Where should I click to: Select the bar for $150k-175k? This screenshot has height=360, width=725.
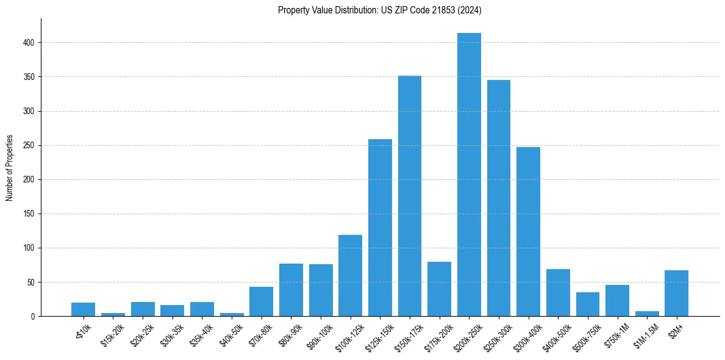pyautogui.click(x=410, y=196)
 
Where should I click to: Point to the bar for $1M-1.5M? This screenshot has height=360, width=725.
pyautogui.click(x=647, y=314)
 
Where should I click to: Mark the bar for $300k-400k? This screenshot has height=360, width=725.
pyautogui.click(x=528, y=231)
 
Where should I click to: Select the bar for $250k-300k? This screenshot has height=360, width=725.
pyautogui.click(x=499, y=198)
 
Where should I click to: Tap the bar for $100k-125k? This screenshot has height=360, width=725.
pyautogui.click(x=350, y=275)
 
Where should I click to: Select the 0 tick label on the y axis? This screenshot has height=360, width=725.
pyautogui.click(x=34, y=317)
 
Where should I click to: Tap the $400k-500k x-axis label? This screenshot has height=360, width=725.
pyautogui.click(x=557, y=333)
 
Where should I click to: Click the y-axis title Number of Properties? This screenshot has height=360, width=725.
pyautogui.click(x=10, y=167)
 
